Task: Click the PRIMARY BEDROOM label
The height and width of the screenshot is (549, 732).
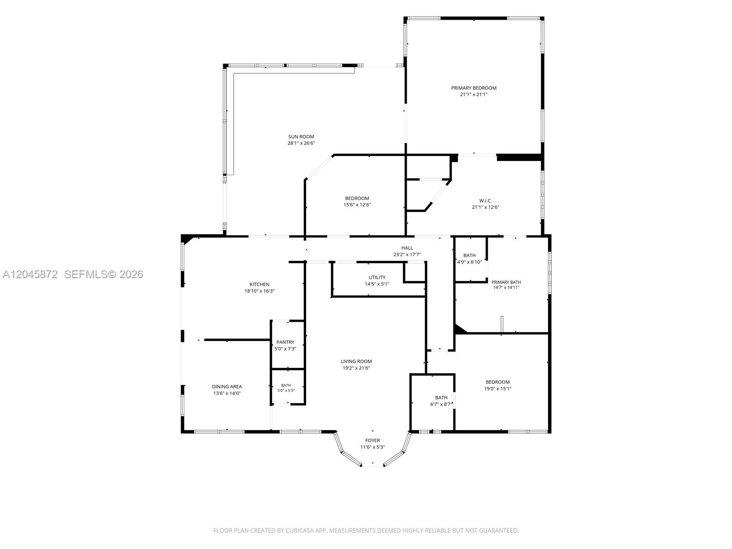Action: [474, 88]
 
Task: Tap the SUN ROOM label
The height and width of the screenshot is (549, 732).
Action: [301, 137]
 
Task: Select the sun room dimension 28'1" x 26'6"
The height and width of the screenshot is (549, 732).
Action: [301, 143]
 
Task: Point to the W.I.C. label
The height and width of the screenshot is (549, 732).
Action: [485, 201]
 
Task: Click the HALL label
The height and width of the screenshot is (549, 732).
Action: [407, 248]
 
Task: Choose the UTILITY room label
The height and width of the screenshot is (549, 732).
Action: [377, 277]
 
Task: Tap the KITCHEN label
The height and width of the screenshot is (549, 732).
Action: [259, 284]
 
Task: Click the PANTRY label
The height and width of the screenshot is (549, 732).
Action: [285, 342]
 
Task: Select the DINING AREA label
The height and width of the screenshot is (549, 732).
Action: [227, 387]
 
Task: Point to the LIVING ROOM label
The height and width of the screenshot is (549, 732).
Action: [356, 361]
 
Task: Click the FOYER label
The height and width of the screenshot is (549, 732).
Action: [372, 440]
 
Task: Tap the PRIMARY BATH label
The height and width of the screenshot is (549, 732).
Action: [506, 282]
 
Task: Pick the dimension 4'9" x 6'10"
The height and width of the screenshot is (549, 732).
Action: [469, 262]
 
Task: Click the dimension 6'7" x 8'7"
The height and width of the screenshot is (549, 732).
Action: [441, 404]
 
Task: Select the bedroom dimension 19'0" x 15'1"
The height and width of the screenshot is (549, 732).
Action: [498, 389]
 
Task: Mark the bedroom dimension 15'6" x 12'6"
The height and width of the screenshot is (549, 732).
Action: [357, 205]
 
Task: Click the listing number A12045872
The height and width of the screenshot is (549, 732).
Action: [30, 274]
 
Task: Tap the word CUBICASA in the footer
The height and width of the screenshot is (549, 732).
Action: [300, 530]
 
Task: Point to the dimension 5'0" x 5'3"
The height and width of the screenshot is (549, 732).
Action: [286, 391]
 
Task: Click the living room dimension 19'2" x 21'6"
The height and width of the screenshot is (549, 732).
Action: [356, 368]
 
